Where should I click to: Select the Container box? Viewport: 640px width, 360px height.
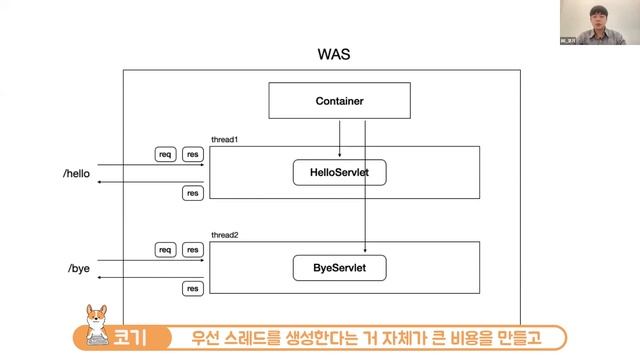(339, 101)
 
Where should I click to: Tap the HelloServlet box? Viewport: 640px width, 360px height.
(339, 172)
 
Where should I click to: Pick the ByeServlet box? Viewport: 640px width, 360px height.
(339, 268)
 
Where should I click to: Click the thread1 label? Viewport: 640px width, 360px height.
(224, 139)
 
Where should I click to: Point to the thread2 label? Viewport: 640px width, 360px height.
(224, 235)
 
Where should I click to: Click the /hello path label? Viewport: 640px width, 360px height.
(76, 173)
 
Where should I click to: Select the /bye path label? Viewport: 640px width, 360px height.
(79, 269)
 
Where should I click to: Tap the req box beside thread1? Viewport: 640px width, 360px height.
(166, 154)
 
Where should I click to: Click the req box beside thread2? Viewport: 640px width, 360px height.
(166, 249)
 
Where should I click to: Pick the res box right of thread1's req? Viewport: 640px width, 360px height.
(193, 154)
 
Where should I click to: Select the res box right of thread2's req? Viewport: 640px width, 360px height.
(193, 249)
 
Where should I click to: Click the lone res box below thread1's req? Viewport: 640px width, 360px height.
(193, 193)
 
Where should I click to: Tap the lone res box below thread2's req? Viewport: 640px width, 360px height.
(193, 289)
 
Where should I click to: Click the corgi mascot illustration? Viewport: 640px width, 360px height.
(98, 322)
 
